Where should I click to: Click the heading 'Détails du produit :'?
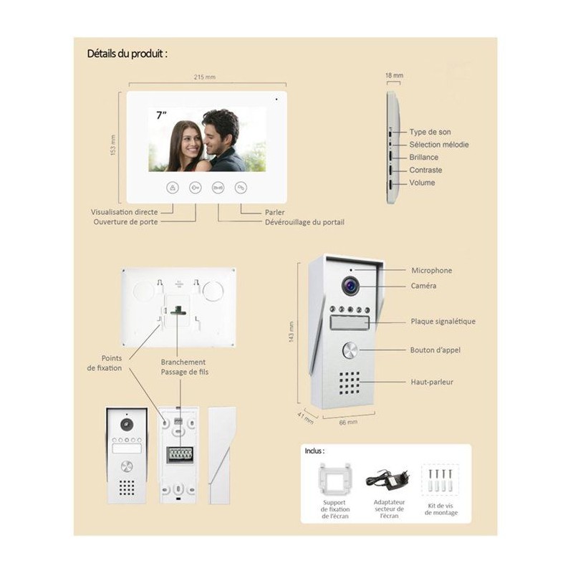point(127,54)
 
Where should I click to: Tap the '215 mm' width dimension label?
point(205,77)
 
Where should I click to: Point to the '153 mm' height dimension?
point(113,145)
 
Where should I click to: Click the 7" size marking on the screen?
point(161,115)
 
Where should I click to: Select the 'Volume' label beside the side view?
point(422,183)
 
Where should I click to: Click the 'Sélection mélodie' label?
point(439,145)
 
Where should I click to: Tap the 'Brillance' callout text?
point(423,158)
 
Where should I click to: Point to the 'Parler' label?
point(274,212)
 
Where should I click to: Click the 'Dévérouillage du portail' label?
point(305,222)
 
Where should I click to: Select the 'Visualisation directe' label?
point(124,212)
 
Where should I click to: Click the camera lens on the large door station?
point(350,286)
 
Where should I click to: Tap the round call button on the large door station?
point(350,350)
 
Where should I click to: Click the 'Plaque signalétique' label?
point(443,322)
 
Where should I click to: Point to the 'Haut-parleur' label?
point(432,382)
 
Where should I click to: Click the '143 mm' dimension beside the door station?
point(292,332)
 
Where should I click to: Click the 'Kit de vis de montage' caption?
point(440,509)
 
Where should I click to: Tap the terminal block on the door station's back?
point(180,455)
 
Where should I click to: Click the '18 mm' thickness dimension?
point(395,76)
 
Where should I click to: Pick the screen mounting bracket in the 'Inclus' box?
point(334,480)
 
